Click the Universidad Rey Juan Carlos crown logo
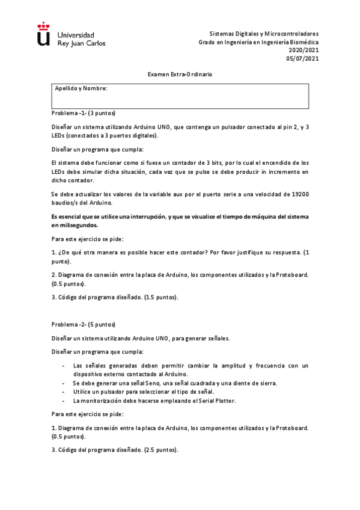pyautogui.click(x=43, y=34)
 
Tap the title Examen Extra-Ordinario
pyautogui.click(x=180, y=74)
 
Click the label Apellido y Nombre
pyautogui.click(x=81, y=88)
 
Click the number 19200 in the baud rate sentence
pyautogui.click(x=297, y=195)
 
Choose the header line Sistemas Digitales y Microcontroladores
pyautogui.click(x=264, y=34)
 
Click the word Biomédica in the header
pyautogui.click(x=304, y=42)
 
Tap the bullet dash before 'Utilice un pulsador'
pyautogui.click(x=64, y=392)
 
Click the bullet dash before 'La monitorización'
pyautogui.click(x=64, y=400)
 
